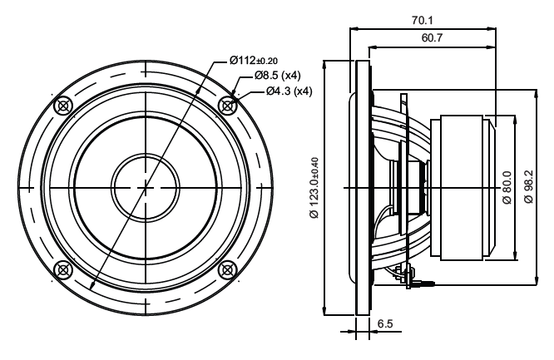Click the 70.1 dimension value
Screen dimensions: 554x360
coord(422,21)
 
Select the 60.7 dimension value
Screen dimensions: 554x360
coord(432,37)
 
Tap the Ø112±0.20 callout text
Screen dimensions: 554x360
coord(254,61)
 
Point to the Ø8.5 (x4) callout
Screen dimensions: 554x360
coord(277,76)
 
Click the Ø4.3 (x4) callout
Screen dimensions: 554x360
coord(289,91)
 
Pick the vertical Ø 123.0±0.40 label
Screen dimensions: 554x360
coord(314,188)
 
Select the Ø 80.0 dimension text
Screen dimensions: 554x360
coord(507,188)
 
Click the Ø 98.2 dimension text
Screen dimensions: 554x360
coord(529,186)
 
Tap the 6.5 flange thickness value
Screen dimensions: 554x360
coord(385,323)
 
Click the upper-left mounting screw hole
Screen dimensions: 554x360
coord(63,106)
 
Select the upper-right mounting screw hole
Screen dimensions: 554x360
coord(227,106)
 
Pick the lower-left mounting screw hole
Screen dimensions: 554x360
coord(63,270)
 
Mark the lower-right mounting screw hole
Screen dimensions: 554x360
coord(227,270)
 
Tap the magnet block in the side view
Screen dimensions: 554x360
coord(462,188)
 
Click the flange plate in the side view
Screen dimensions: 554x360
coord(363,188)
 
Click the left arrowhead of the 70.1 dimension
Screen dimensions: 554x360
coord(354,28)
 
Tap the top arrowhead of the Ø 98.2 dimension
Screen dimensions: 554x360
coord(537,94)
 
